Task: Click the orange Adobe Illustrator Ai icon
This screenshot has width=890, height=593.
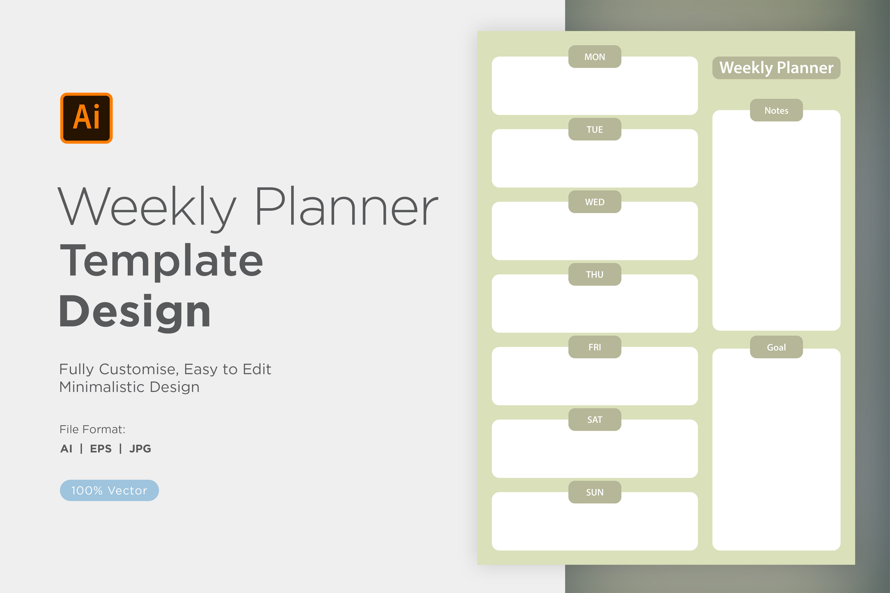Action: [86, 118]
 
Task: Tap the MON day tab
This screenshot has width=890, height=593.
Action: [595, 57]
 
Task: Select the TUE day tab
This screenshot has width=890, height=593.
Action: [595, 129]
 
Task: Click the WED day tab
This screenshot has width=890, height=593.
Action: [595, 202]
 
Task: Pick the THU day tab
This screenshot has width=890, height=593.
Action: [595, 275]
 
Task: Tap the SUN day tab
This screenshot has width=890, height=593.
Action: [595, 492]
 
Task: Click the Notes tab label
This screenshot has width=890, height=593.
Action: [776, 110]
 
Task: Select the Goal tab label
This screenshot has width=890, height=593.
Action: [776, 347]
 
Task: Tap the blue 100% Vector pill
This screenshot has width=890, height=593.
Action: [109, 491]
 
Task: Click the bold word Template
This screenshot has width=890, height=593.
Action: [161, 261]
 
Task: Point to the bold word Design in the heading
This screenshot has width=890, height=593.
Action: [135, 312]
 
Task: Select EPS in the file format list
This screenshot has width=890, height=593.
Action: [101, 449]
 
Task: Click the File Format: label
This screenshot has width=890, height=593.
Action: [92, 429]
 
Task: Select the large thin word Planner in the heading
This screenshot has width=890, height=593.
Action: [347, 206]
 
